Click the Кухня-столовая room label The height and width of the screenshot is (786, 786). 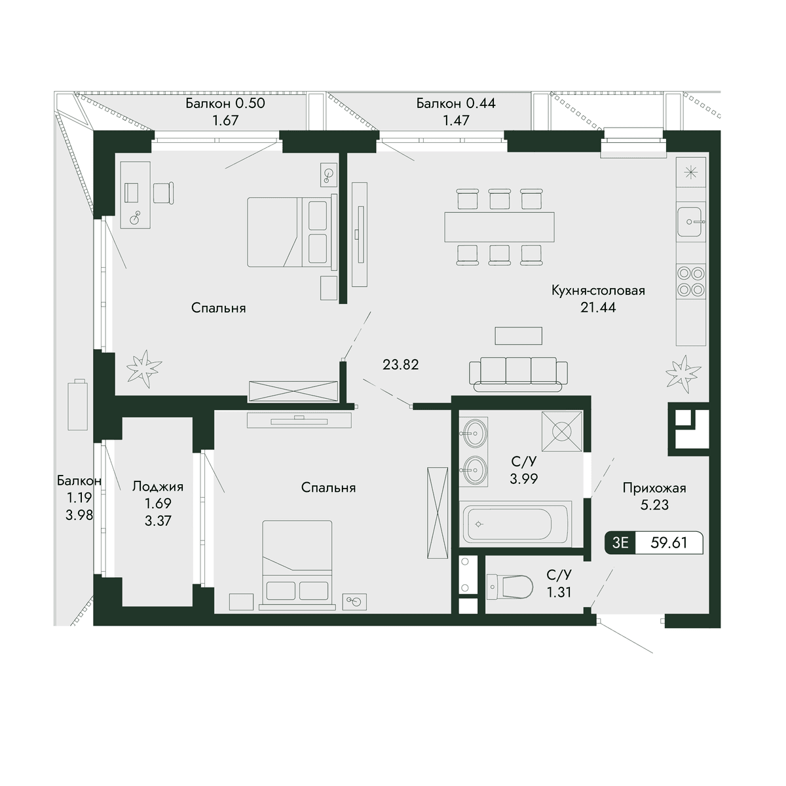click(598, 291)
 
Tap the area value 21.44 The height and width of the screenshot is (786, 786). click(598, 307)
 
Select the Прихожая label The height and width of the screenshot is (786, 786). click(654, 488)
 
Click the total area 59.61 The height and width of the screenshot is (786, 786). click(669, 542)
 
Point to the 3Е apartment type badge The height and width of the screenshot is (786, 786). click(620, 543)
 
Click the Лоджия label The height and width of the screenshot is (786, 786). click(158, 487)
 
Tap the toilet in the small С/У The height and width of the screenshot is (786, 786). click(510, 588)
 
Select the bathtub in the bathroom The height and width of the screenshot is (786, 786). click(515, 524)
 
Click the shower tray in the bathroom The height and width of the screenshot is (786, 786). click(561, 432)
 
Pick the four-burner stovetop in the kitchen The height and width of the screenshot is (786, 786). click(690, 281)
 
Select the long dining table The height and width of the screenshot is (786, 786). click(499, 227)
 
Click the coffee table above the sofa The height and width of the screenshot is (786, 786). click(518, 336)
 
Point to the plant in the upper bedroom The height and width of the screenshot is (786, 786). click(144, 365)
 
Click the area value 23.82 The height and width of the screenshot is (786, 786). click(401, 365)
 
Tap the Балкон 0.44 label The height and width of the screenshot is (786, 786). click(456, 103)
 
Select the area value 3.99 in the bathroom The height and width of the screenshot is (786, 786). click(524, 478)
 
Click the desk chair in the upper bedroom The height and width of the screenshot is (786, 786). click(164, 193)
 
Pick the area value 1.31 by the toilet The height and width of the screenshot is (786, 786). click(559, 592)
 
